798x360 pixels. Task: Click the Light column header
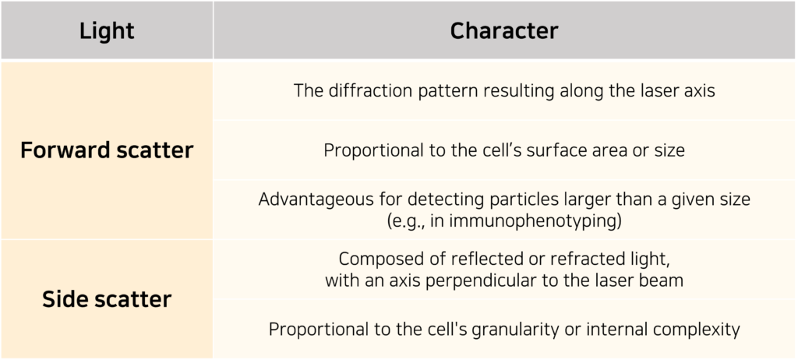pos(107,31)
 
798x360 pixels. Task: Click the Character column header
pos(504,30)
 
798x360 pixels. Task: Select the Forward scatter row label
pos(107,150)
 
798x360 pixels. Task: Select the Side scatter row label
pos(107,299)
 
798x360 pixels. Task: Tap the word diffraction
pos(364,90)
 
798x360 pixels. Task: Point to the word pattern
pos(430,92)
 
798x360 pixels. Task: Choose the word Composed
pos(373,259)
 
